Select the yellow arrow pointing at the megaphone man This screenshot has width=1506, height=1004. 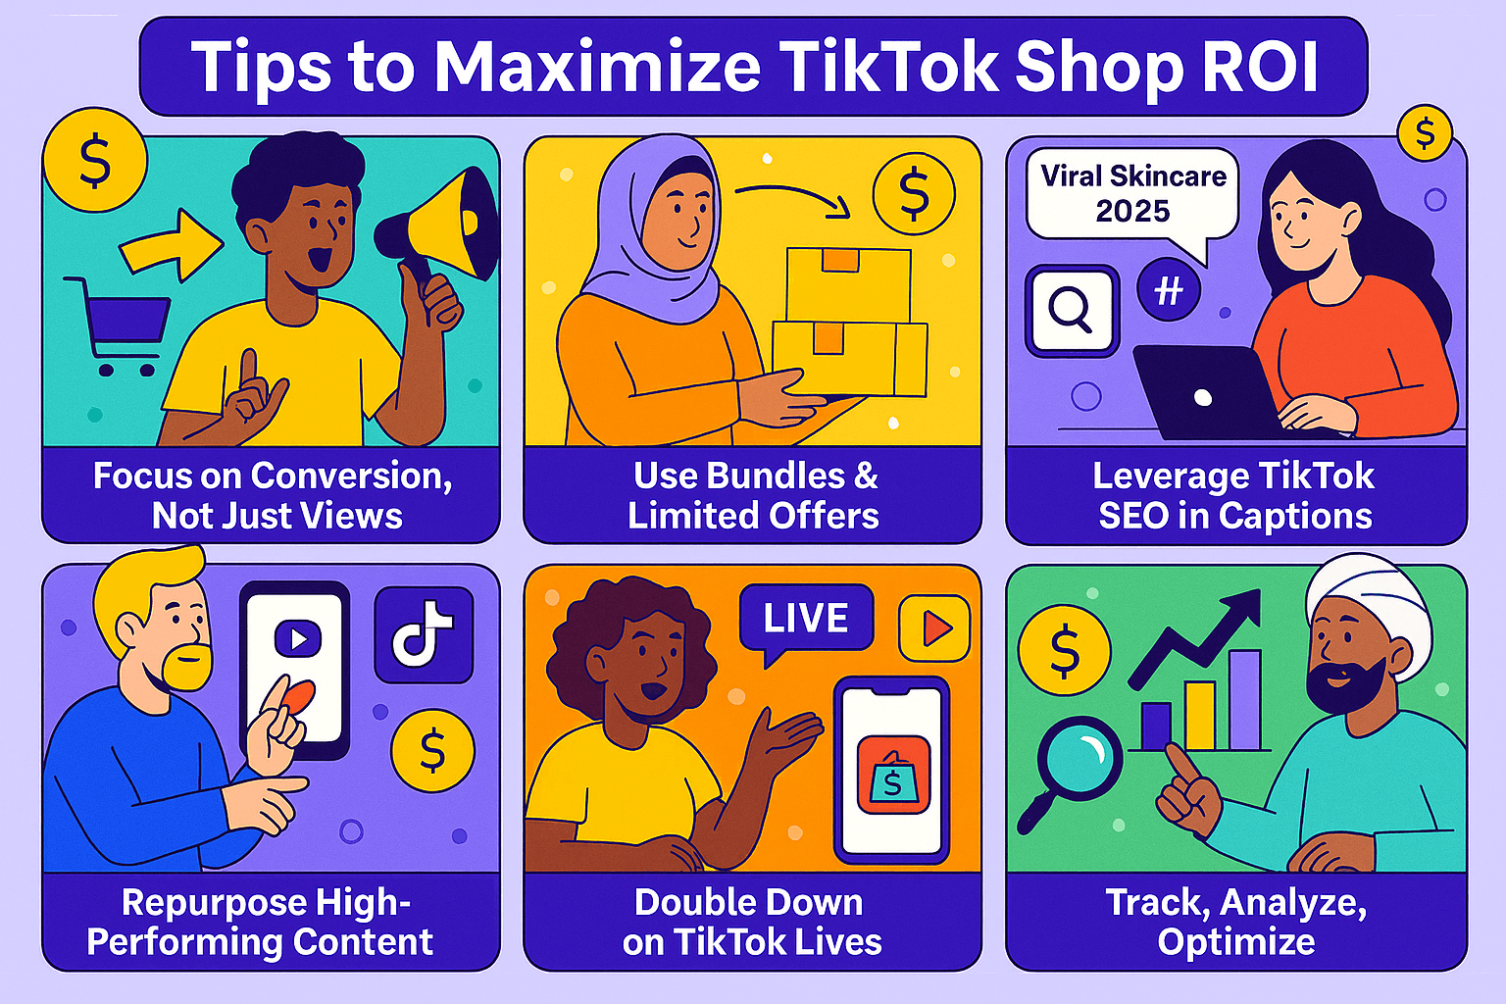click(171, 244)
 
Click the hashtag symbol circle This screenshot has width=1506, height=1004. click(1168, 290)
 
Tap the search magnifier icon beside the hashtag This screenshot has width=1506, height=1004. click(1071, 310)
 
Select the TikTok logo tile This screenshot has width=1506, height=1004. click(424, 635)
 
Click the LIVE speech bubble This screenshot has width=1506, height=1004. click(806, 619)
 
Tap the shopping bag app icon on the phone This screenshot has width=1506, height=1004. click(892, 776)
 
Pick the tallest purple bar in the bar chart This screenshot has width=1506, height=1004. click(1244, 699)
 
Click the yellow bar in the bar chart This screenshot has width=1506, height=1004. click(1199, 716)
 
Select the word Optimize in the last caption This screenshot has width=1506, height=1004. click(1236, 941)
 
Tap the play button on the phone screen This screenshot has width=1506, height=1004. click(297, 640)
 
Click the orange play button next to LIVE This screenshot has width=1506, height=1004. click(934, 627)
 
